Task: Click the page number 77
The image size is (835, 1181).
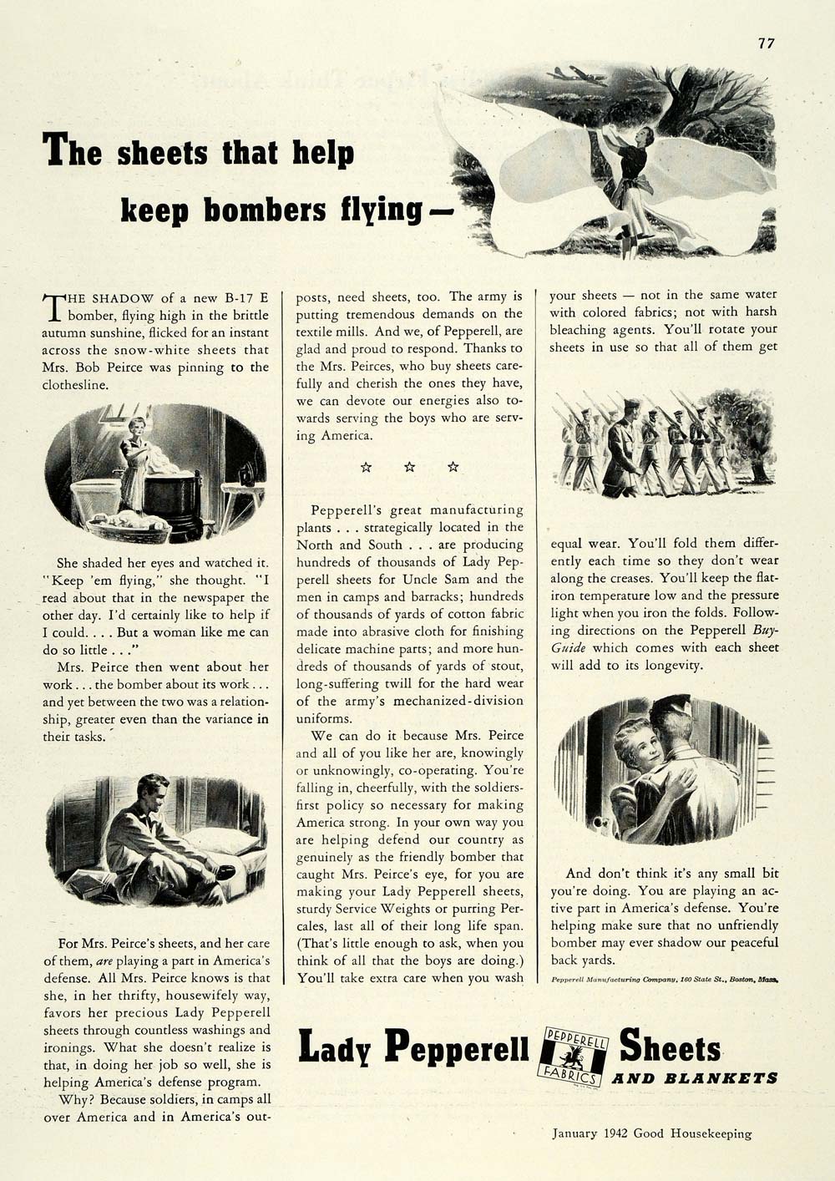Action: [x=767, y=43]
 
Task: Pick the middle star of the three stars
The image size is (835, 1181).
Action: [x=409, y=467]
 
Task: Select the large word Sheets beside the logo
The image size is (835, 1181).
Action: [x=670, y=1047]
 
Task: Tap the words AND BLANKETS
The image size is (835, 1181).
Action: [x=695, y=1078]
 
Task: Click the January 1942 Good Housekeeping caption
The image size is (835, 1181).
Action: [x=651, y=1133]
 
